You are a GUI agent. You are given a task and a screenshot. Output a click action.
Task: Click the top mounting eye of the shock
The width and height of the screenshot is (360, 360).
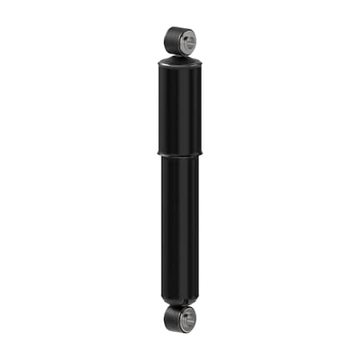pos(180,41)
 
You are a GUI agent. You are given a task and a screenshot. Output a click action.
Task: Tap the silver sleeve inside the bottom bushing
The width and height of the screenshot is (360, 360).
pos(185,319)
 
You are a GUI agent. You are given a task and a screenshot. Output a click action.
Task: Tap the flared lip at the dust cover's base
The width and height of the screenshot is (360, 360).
pos(180,153)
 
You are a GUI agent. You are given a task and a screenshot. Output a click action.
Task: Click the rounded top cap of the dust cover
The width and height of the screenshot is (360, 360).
pos(180,62)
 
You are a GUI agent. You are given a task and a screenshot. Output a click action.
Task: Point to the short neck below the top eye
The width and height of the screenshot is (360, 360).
pos(179,55)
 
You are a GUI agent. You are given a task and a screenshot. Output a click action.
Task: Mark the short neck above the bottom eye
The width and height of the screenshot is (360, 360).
pos(179,305)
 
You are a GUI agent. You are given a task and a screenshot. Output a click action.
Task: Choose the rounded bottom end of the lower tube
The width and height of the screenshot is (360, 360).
pos(180,299)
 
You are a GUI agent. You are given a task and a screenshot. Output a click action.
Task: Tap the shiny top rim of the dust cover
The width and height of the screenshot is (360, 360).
pos(180,58)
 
